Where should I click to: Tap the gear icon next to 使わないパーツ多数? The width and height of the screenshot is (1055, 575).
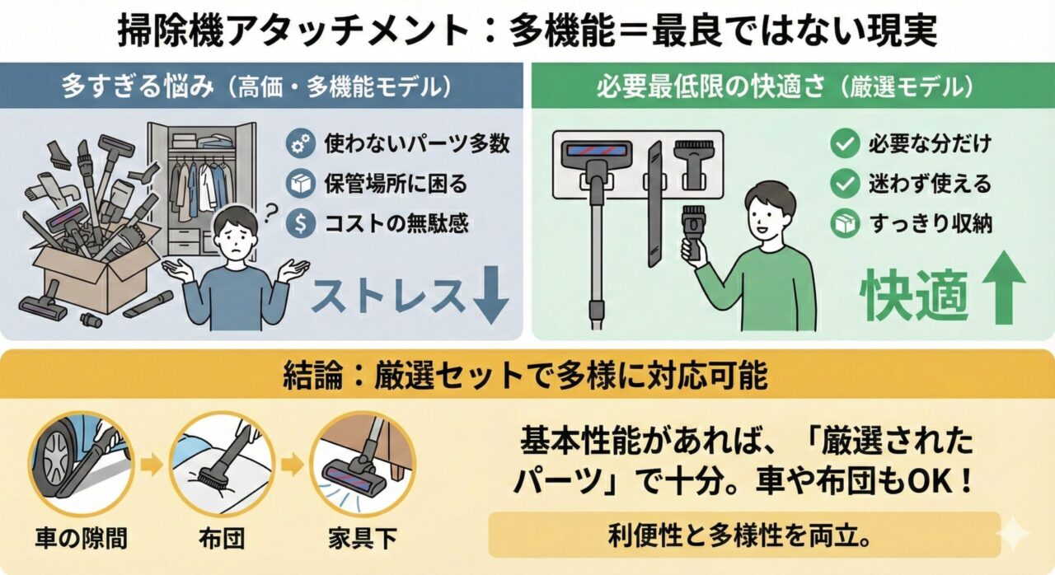[300, 144]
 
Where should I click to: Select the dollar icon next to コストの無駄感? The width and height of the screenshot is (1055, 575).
[300, 223]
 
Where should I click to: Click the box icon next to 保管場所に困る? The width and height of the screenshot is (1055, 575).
[300, 184]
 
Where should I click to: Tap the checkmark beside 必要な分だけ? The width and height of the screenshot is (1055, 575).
[844, 144]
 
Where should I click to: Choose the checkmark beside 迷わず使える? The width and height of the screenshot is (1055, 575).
[844, 184]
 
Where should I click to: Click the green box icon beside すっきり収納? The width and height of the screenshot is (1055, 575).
[844, 224]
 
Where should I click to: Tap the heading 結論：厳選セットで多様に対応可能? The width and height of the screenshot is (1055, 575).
[527, 376]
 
